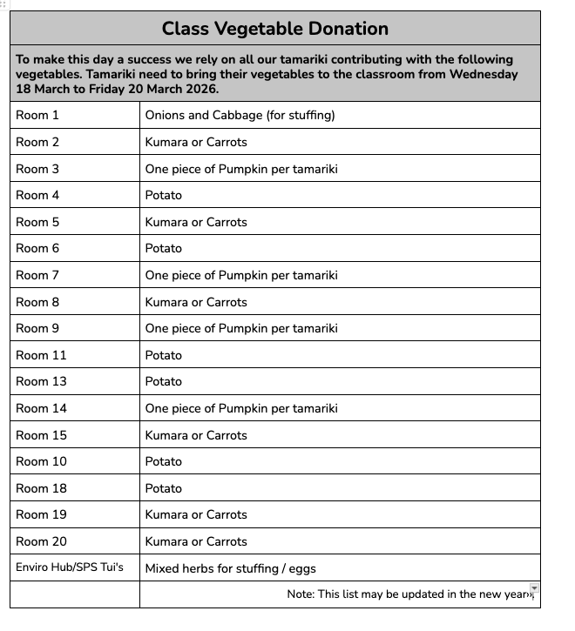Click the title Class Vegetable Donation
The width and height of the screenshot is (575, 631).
(274, 29)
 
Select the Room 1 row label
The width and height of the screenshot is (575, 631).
(37, 115)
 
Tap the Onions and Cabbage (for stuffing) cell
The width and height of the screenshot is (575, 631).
(240, 115)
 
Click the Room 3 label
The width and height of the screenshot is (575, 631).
(37, 169)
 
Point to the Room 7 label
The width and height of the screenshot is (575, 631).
(37, 275)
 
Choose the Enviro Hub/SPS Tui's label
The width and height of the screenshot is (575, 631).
(70, 568)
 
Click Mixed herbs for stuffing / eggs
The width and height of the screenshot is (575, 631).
(230, 569)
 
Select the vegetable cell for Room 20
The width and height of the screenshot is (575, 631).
(196, 541)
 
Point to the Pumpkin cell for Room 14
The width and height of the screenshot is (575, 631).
(241, 408)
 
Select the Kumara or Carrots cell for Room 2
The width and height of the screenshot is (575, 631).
(196, 142)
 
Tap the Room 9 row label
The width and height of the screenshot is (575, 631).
(37, 328)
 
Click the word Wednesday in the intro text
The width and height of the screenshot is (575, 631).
(484, 74)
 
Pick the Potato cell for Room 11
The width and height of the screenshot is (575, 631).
(164, 355)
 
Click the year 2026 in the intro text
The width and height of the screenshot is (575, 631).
(202, 89)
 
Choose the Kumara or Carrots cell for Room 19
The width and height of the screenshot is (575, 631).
(196, 514)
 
